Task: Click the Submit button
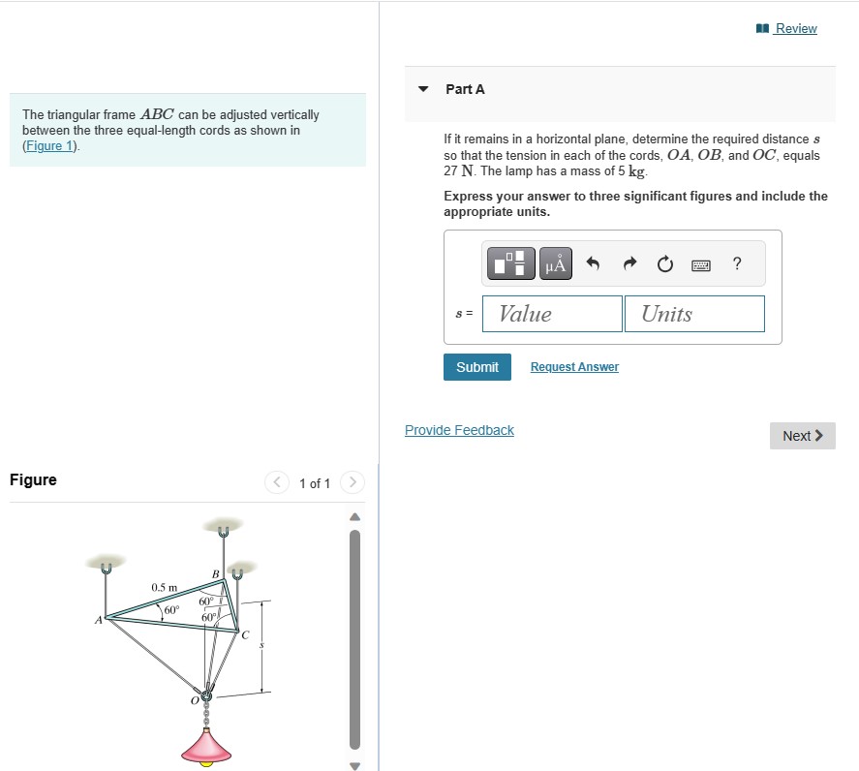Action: click(477, 367)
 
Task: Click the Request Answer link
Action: click(574, 367)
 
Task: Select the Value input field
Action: click(552, 314)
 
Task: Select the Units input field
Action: click(694, 314)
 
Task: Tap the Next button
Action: click(802, 436)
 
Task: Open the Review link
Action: click(795, 29)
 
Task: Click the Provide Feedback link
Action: click(459, 430)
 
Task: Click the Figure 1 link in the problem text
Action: click(48, 146)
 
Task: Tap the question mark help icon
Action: click(737, 263)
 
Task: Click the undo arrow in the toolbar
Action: click(594, 263)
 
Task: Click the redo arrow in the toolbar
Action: click(629, 263)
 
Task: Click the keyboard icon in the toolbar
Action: click(701, 264)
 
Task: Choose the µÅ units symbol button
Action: click(554, 263)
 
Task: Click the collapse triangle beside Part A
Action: click(422, 89)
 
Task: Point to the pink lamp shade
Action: click(206, 745)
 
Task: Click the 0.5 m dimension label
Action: click(164, 588)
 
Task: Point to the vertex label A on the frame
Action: click(98, 621)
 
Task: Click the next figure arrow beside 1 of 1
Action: click(353, 482)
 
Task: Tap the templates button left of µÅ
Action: click(512, 263)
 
